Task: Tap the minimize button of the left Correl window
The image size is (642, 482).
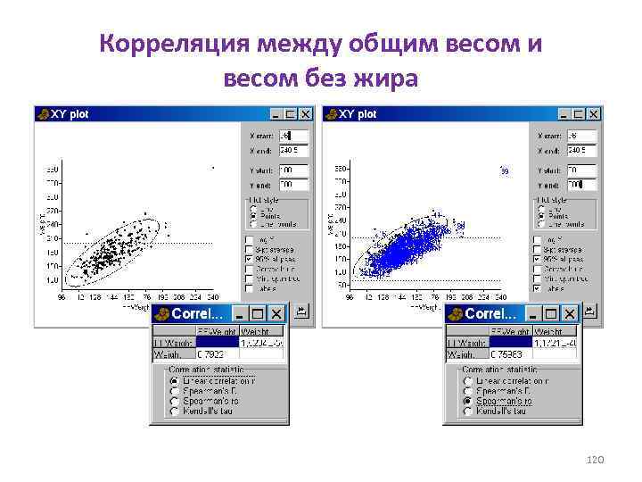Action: [x=238, y=314]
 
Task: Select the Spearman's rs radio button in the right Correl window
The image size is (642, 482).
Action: [x=468, y=402]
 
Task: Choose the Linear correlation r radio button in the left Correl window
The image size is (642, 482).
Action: [x=175, y=380]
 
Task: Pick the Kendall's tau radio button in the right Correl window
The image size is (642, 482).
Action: [x=468, y=412]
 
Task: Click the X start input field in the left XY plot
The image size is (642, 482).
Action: [x=293, y=136]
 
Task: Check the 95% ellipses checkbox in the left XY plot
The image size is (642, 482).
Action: [x=251, y=259]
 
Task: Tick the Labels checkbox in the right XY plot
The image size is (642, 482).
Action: [x=538, y=288]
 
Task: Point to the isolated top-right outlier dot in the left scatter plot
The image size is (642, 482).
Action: [x=212, y=167]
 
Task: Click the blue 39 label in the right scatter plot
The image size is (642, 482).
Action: [x=505, y=170]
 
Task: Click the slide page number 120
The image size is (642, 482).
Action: [x=596, y=458]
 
